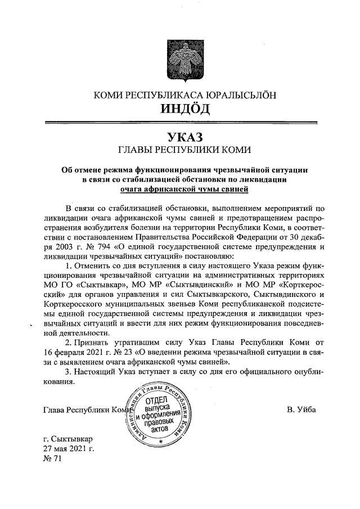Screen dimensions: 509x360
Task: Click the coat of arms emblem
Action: pyautogui.click(x=180, y=57)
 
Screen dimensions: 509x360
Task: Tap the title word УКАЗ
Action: pyautogui.click(x=180, y=137)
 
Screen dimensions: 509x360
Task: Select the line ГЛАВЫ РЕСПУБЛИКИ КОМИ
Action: pyautogui.click(x=180, y=150)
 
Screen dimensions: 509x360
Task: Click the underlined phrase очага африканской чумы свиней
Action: pyautogui.click(x=180, y=190)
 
